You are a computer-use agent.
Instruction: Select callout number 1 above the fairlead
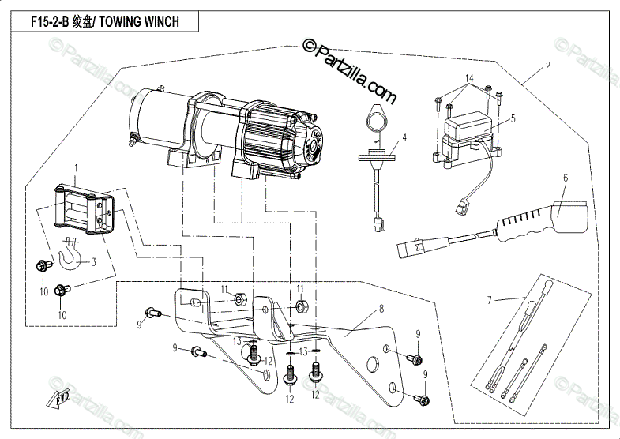pyautogui.click(x=77, y=168)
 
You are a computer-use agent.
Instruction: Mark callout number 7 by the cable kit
pyautogui.click(x=489, y=299)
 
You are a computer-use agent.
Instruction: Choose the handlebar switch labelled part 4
pyautogui.click(x=378, y=126)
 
